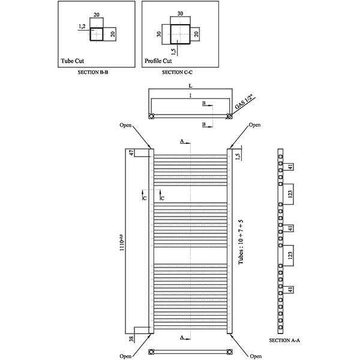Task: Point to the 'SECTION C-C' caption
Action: [x=177, y=72]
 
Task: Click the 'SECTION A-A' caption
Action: [x=285, y=340]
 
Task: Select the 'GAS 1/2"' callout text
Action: [x=244, y=103]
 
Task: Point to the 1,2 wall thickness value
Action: [x=82, y=26]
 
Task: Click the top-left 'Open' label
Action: [x=125, y=125]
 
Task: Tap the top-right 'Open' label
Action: [x=255, y=125]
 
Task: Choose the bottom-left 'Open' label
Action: [x=125, y=356]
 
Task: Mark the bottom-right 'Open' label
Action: [x=255, y=356]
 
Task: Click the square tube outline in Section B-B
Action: [x=95, y=34]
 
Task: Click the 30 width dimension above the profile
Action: [x=180, y=13]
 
